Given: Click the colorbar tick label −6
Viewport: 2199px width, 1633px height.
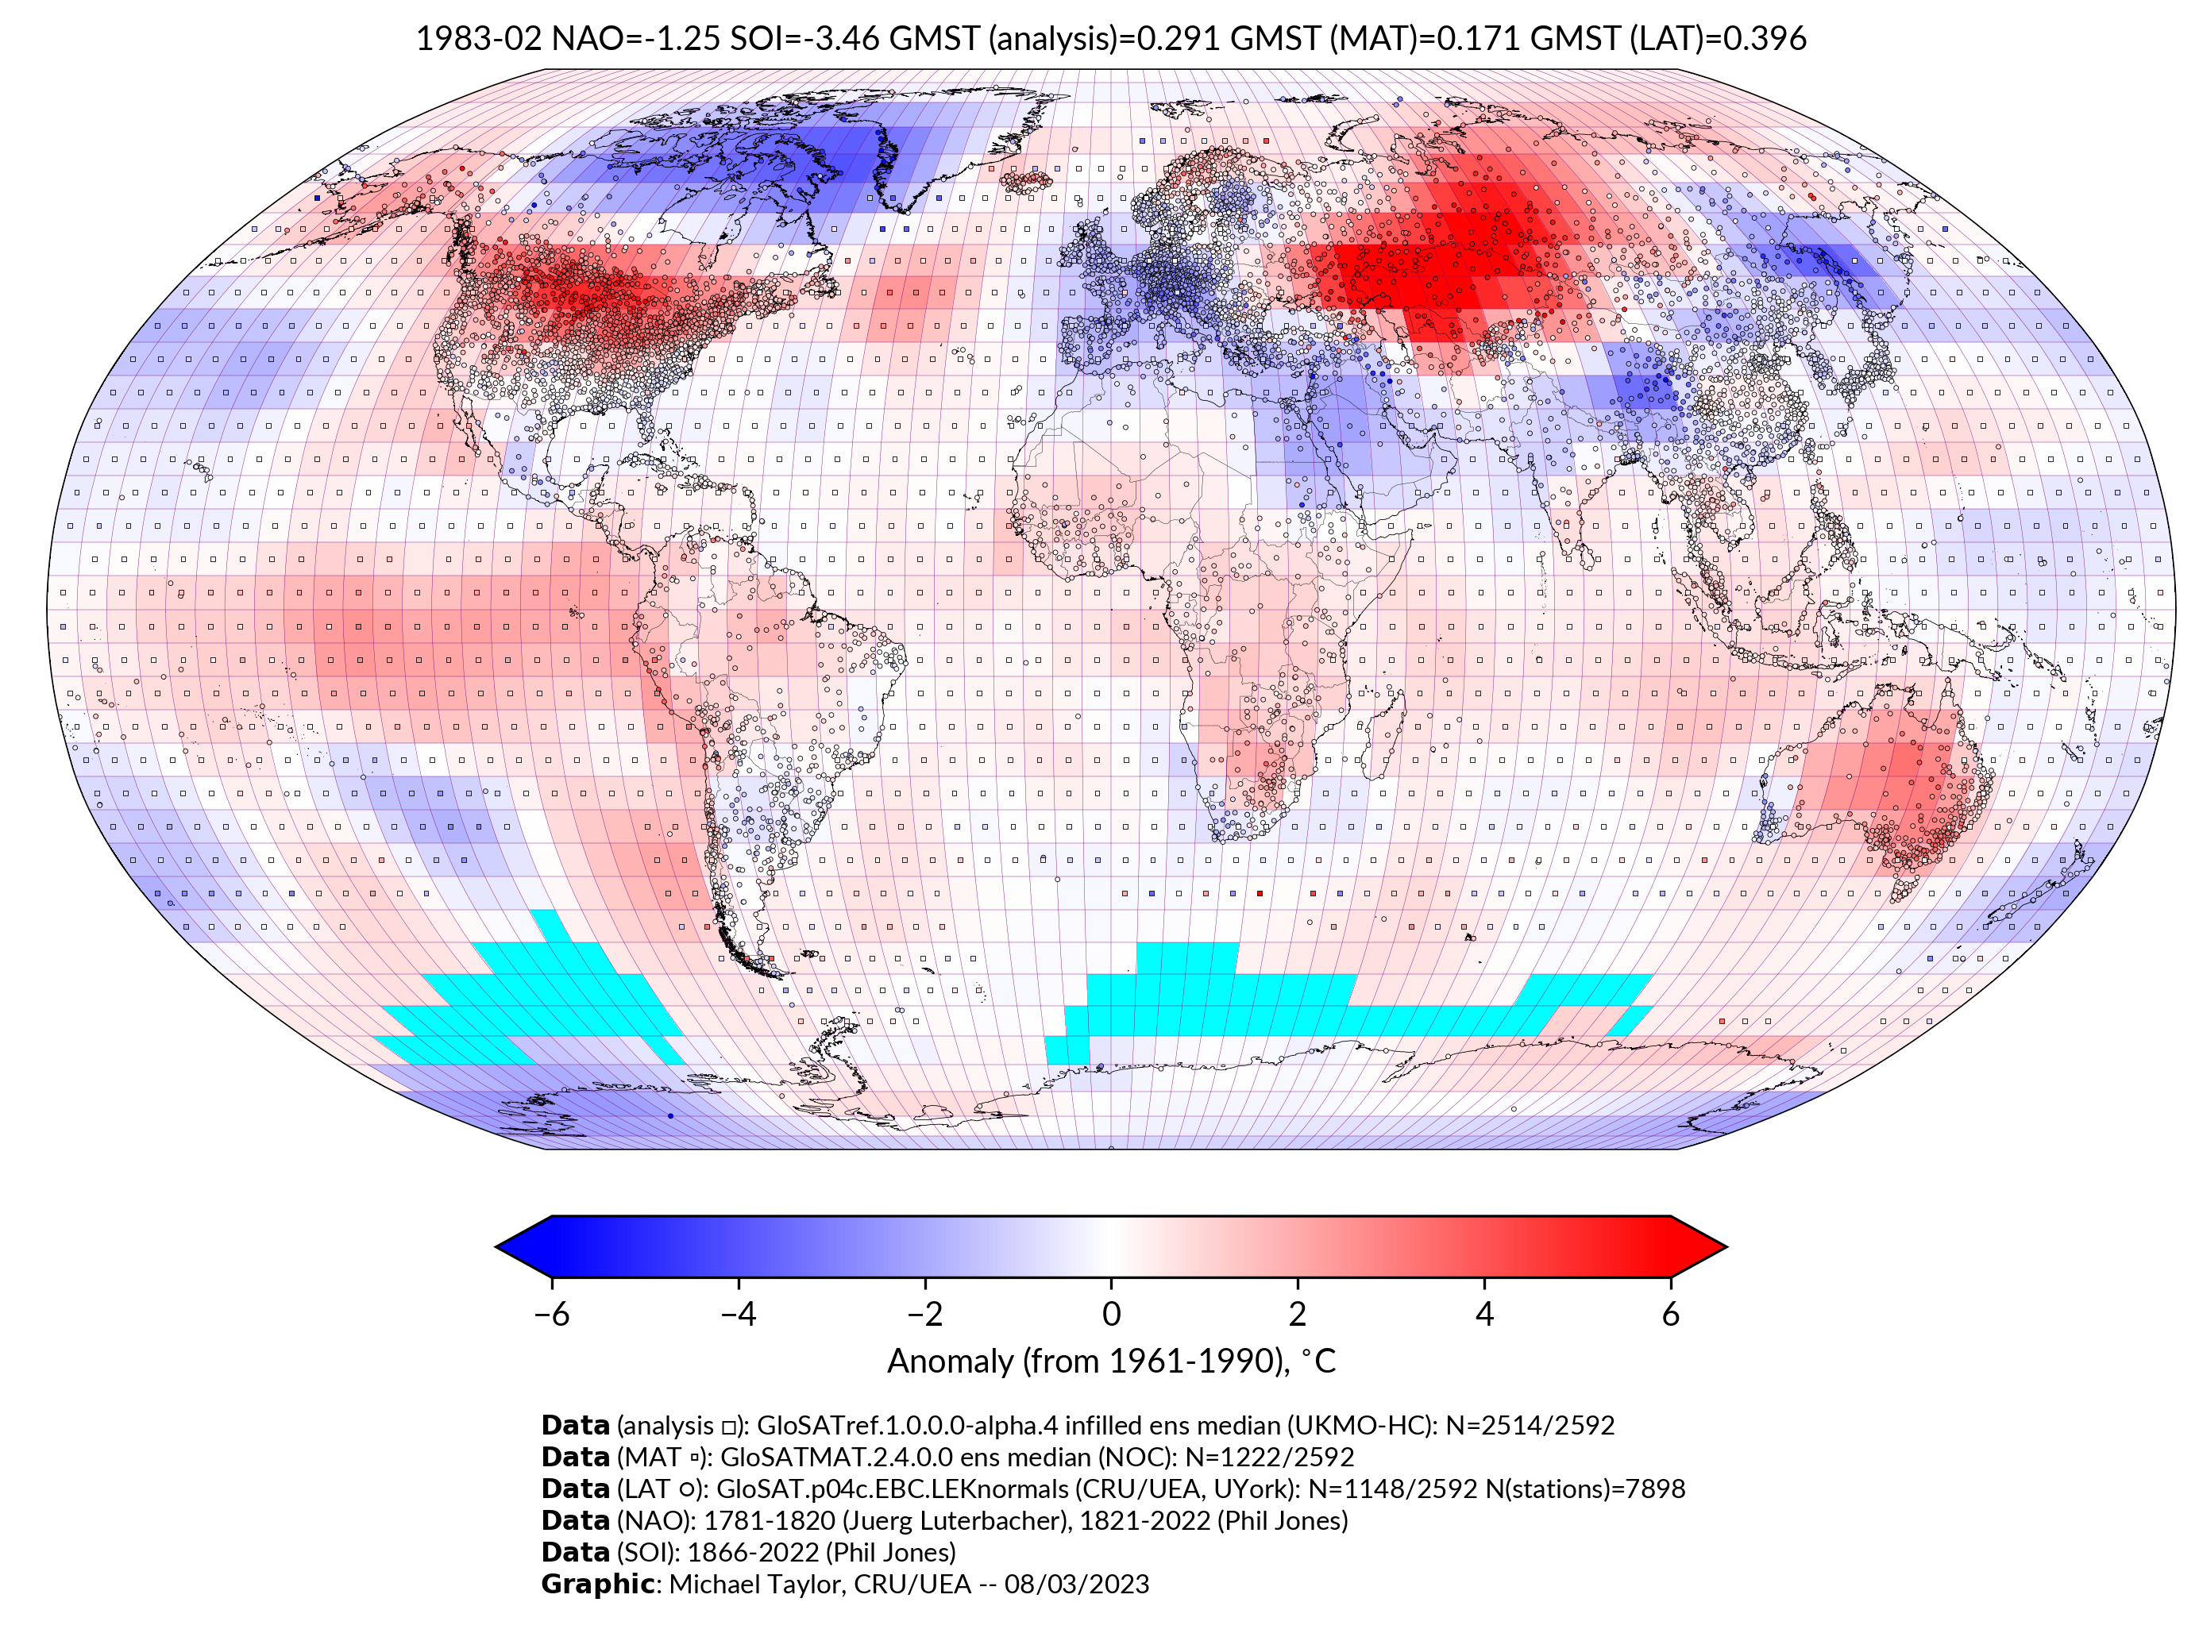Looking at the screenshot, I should [550, 1314].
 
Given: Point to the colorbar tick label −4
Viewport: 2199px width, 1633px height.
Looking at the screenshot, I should [738, 1314].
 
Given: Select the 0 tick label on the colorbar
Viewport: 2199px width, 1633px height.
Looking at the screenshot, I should [1111, 1314].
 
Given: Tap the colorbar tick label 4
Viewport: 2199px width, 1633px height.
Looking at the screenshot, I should [1484, 1314].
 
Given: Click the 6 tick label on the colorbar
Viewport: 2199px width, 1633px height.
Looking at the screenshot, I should [1670, 1314].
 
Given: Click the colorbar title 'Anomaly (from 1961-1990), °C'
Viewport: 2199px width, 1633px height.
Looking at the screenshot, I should [1111, 1361].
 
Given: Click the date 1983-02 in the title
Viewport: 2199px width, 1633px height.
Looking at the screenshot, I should [479, 39].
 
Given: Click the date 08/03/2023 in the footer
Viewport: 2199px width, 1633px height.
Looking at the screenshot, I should [1077, 1585].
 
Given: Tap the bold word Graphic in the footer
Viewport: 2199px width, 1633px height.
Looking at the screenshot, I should [597, 1585].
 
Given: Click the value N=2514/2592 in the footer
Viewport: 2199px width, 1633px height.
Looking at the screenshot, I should [1530, 1426].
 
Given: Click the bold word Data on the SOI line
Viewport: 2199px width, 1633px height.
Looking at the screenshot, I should [576, 1552].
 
